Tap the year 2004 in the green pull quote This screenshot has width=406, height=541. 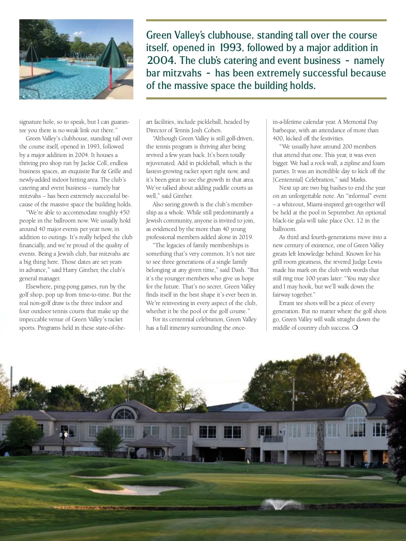point(161,61)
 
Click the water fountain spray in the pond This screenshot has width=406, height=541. point(281,504)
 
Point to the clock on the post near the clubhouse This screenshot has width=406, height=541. point(64,434)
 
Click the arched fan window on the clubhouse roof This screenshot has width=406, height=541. point(124,413)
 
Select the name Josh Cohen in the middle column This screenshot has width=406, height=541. point(208,130)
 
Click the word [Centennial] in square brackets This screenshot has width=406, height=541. point(288,180)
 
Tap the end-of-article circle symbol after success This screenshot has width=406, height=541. point(355,328)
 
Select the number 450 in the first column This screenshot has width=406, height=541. point(124,212)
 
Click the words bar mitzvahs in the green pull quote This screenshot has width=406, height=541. point(174,73)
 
